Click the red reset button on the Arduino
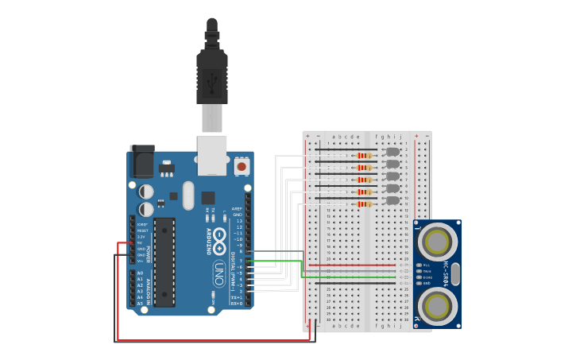click(x=242, y=166)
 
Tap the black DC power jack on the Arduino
click(x=143, y=162)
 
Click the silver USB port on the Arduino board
click(x=212, y=155)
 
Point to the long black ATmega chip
click(x=164, y=261)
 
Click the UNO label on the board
click(x=218, y=274)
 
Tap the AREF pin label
click(x=237, y=209)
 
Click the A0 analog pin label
click(x=141, y=273)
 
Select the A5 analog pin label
click(x=141, y=303)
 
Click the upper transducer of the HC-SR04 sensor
click(x=437, y=239)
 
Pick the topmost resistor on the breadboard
click(x=364, y=155)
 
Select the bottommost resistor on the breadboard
click(x=364, y=204)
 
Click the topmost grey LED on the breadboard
click(x=392, y=151)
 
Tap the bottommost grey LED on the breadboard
click(x=392, y=200)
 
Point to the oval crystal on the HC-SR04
click(x=455, y=274)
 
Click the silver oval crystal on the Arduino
click(x=188, y=195)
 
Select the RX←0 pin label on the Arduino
click(x=236, y=303)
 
